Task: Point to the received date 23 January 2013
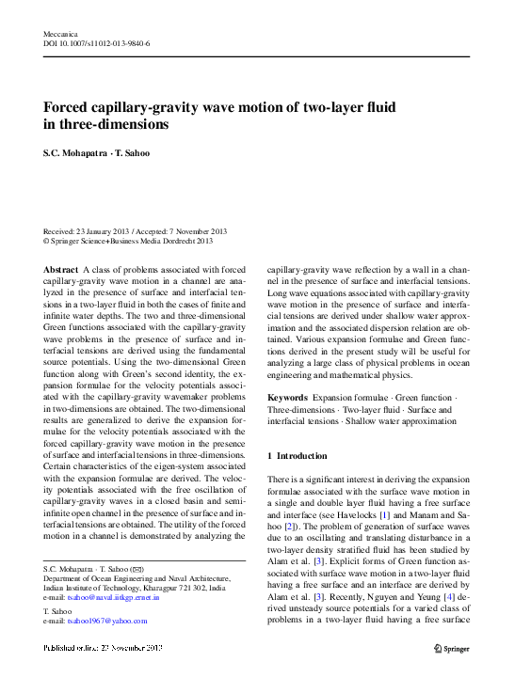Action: coord(107,231)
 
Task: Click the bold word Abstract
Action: coord(62,269)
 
